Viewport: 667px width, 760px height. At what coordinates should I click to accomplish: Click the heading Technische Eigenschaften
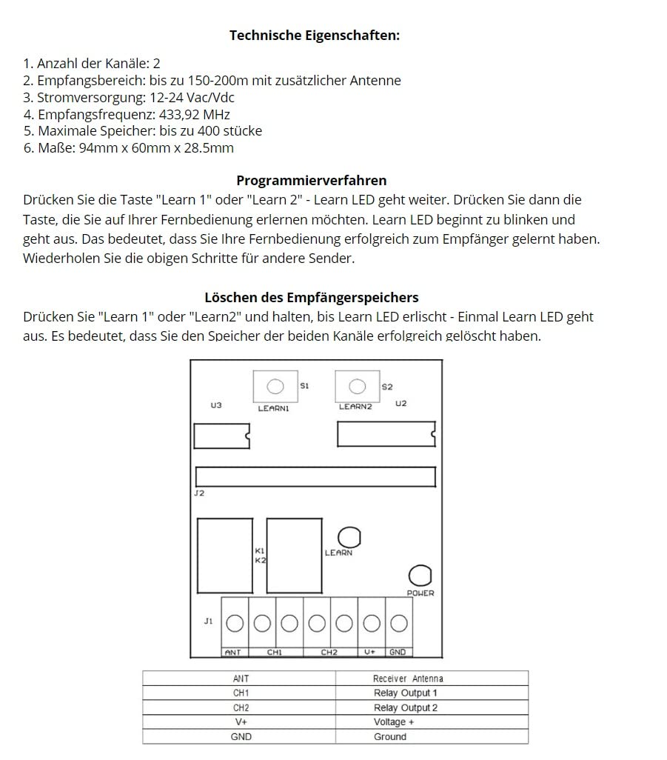315,36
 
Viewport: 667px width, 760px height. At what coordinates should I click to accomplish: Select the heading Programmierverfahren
311,181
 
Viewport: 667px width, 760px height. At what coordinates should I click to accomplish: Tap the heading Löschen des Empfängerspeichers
311,298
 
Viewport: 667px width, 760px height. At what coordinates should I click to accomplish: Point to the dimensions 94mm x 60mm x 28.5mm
156,148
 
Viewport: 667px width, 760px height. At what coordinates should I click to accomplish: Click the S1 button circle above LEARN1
275,387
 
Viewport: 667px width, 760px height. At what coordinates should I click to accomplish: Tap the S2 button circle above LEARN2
357,387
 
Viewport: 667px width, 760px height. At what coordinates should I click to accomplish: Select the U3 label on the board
216,405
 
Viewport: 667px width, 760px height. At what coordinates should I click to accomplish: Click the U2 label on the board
400,404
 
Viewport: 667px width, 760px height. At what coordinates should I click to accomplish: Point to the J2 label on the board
199,493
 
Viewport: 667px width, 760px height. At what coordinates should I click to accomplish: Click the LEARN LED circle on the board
349,537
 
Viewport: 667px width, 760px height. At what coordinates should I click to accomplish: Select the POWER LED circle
420,576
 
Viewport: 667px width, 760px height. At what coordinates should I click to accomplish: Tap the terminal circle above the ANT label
235,624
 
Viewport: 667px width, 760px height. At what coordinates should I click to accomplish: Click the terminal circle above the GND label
398,624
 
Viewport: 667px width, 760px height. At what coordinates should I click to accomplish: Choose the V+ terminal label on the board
370,653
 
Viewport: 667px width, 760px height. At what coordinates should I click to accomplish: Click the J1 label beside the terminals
208,621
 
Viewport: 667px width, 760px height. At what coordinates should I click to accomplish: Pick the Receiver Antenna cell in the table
408,679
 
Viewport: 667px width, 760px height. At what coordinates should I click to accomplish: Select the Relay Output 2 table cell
405,708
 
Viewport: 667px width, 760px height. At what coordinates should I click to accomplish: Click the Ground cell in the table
390,737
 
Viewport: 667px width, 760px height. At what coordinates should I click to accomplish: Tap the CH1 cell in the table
241,693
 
